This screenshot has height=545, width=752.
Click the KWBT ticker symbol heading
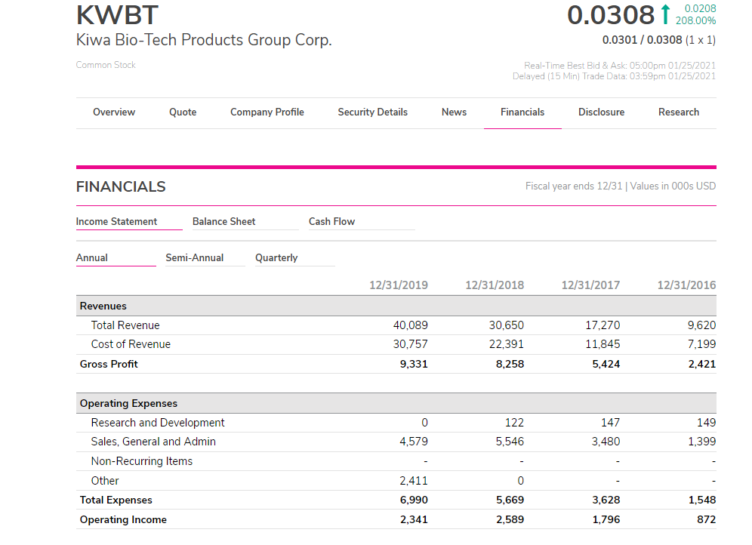pos(117,15)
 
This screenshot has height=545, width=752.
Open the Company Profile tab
pos(267,112)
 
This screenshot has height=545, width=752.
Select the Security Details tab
pos(372,112)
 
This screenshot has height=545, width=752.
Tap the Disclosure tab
pos(601,112)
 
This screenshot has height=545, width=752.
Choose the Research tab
pos(678,112)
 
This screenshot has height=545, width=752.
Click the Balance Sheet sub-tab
pos(223,221)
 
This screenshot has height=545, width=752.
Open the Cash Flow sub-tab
pos(331,221)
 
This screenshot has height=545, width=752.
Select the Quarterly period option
pos(276,257)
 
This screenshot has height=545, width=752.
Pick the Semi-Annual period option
pos(194,257)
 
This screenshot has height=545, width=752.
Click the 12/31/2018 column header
pos(495,285)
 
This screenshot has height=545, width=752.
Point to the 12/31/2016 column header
pos(686,285)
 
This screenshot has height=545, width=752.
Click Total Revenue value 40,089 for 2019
pos(411,325)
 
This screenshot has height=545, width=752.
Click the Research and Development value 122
pos(513,423)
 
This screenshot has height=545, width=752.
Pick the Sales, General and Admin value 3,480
pos(606,442)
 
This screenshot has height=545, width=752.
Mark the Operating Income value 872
pos(706,519)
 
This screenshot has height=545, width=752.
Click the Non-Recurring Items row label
pos(141,461)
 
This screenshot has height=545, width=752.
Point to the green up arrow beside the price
pos(665,14)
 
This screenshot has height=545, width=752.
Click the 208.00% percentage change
pos(695,21)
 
